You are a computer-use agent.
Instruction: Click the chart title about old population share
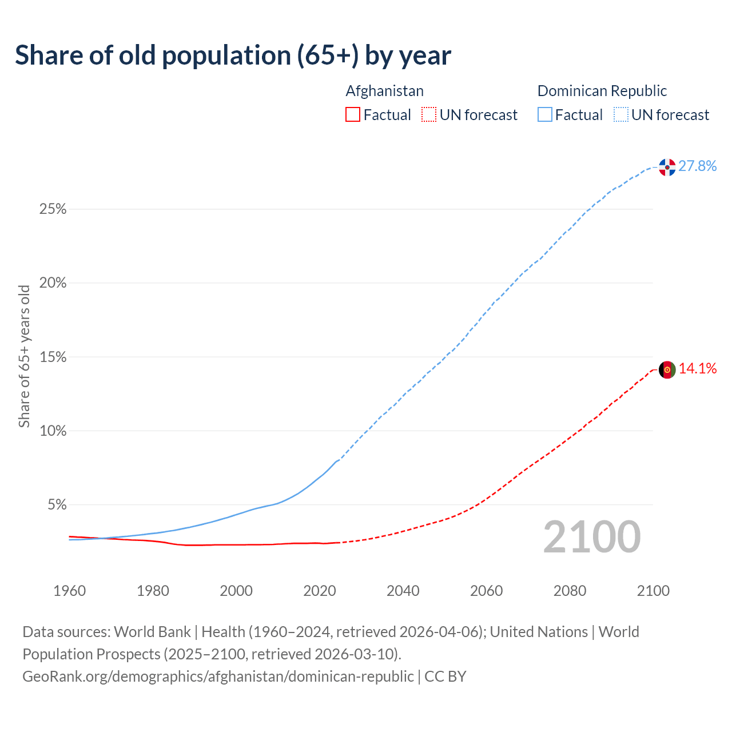pyautogui.click(x=233, y=55)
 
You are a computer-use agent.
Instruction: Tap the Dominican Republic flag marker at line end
pyautogui.click(x=667, y=167)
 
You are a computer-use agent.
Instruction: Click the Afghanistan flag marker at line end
pyautogui.click(x=667, y=369)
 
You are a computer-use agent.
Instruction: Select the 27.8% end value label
pyautogui.click(x=698, y=166)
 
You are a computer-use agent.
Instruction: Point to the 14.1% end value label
pyautogui.click(x=698, y=369)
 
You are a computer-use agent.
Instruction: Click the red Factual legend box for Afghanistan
pyautogui.click(x=353, y=115)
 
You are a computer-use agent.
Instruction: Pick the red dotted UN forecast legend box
pyautogui.click(x=429, y=115)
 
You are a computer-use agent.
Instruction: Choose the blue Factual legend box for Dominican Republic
pyautogui.click(x=545, y=115)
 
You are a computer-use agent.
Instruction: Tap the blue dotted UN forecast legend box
pyautogui.click(x=621, y=115)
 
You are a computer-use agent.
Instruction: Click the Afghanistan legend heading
pyautogui.click(x=385, y=91)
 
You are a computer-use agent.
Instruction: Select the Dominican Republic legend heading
pyautogui.click(x=602, y=91)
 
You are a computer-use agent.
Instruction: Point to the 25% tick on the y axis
pyautogui.click(x=53, y=209)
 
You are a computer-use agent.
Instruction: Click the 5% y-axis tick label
pyautogui.click(x=57, y=505)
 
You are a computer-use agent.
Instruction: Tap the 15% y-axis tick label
pyautogui.click(x=53, y=357)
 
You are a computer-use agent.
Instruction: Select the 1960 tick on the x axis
pyautogui.click(x=70, y=591)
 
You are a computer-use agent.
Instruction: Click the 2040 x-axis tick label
pyautogui.click(x=403, y=591)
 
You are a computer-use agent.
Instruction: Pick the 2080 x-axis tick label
pyautogui.click(x=570, y=591)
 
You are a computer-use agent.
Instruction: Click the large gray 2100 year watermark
pyautogui.click(x=592, y=537)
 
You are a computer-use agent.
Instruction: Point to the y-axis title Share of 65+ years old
pyautogui.click(x=24, y=356)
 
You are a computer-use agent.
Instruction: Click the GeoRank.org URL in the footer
pyautogui.click(x=218, y=677)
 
